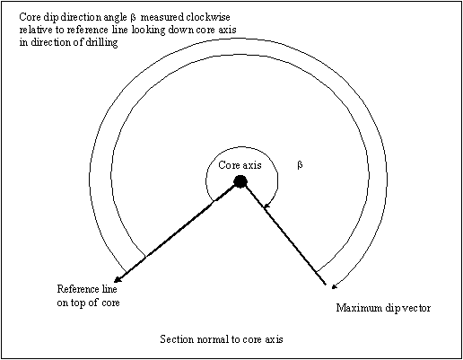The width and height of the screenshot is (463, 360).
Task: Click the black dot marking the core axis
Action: pyautogui.click(x=240, y=181)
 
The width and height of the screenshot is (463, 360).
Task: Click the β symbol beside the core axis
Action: pyautogui.click(x=300, y=165)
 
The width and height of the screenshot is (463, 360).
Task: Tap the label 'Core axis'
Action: pyautogui.click(x=240, y=165)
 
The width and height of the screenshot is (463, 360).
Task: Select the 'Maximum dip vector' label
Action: pyautogui.click(x=383, y=308)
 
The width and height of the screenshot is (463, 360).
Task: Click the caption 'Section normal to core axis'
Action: pyautogui.click(x=222, y=339)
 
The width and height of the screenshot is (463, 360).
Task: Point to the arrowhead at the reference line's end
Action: pyautogui.click(x=118, y=278)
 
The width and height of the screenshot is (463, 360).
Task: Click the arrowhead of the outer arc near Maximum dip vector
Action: pyautogui.click(x=335, y=286)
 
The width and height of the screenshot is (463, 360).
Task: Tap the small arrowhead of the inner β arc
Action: pyautogui.click(x=266, y=206)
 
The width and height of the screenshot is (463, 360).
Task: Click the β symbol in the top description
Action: pyautogui.click(x=133, y=18)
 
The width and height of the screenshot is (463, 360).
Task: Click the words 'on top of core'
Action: pyautogui.click(x=88, y=303)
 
